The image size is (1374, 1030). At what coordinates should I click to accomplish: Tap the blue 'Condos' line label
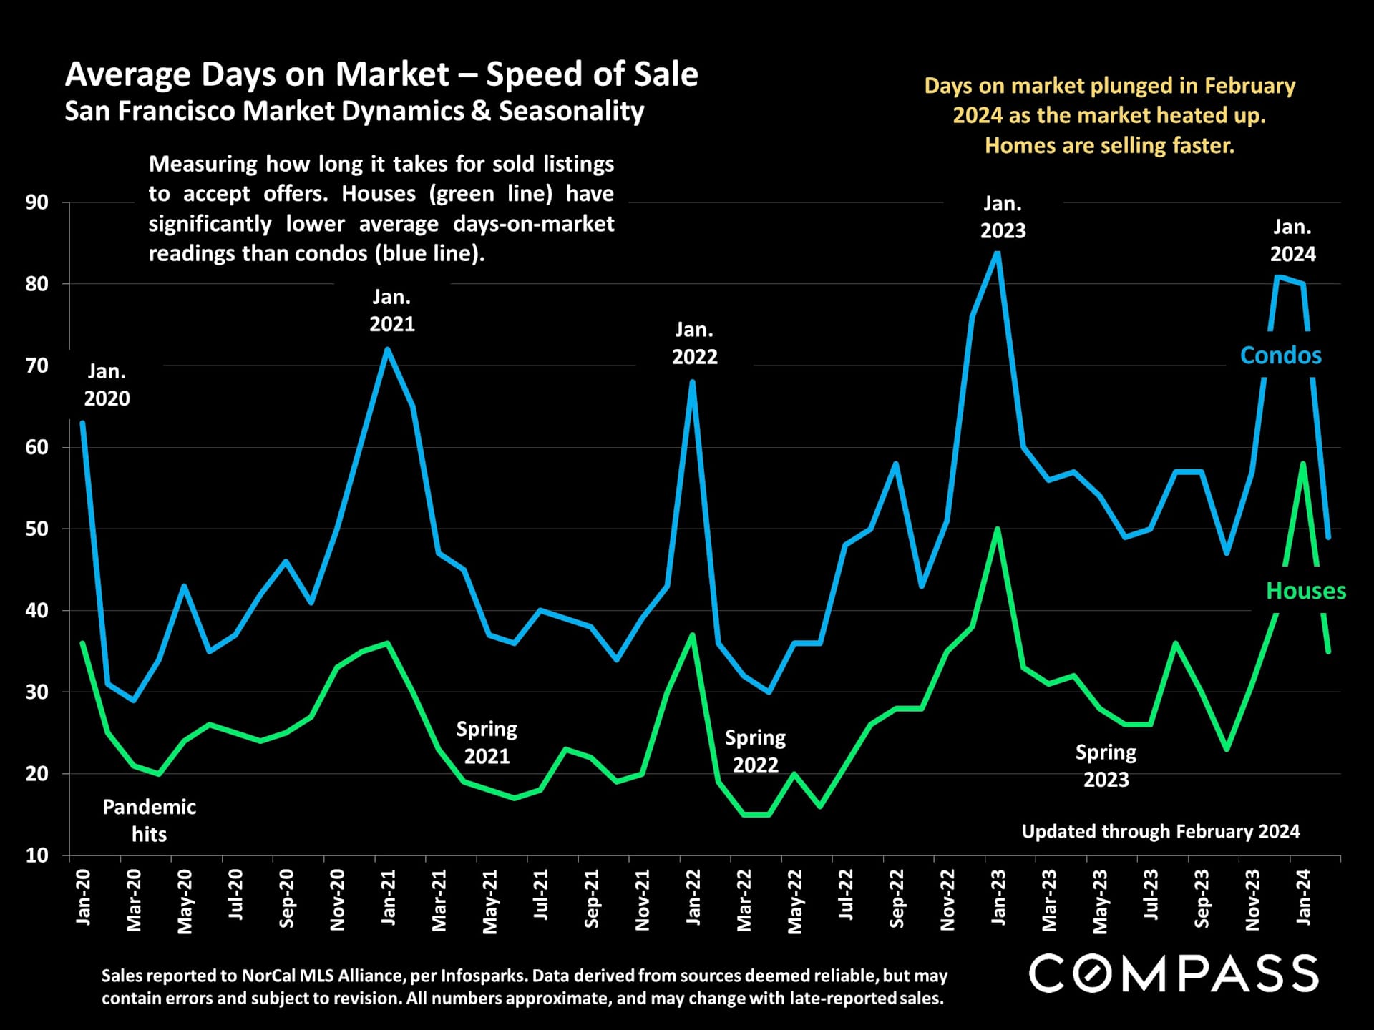click(x=1280, y=355)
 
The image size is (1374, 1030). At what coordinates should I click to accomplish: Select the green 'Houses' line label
click(x=1305, y=591)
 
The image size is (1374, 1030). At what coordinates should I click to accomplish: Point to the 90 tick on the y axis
click(x=37, y=202)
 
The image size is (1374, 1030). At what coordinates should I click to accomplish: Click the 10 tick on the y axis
click(x=37, y=855)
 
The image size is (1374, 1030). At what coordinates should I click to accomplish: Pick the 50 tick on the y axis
click(x=37, y=529)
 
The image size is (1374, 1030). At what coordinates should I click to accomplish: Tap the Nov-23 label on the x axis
click(x=1252, y=900)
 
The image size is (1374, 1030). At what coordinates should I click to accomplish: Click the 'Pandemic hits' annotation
click(x=149, y=820)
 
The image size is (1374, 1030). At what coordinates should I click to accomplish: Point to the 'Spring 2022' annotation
click(x=755, y=751)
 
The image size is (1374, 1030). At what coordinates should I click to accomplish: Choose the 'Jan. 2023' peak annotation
click(x=1003, y=217)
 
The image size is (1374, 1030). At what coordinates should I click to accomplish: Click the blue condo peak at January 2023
click(x=998, y=252)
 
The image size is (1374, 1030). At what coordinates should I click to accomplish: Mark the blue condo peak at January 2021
click(x=388, y=350)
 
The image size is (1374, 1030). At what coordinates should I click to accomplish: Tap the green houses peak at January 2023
click(x=998, y=530)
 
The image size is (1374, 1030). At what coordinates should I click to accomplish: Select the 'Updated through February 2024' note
click(x=1160, y=831)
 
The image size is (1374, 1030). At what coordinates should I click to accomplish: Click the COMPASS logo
click(x=1174, y=973)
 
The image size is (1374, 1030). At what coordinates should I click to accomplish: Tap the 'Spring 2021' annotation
click(x=487, y=742)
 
